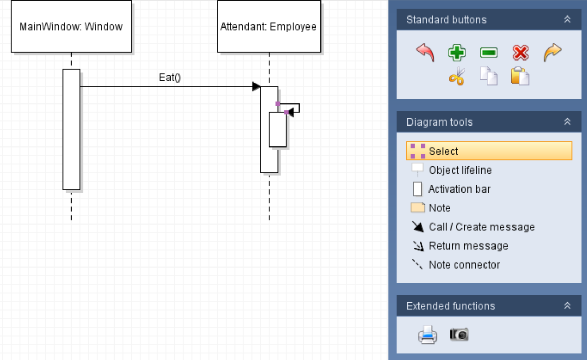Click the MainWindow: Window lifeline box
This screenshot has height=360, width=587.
71,26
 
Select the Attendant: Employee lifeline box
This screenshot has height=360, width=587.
269,26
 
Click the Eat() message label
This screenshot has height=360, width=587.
170,77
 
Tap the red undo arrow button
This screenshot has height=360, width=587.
426,52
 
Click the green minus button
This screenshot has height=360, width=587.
488,53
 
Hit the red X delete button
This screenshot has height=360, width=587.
520,53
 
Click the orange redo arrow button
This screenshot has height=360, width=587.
552,52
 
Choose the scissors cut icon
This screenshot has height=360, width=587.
457,76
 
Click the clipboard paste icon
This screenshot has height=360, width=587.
520,76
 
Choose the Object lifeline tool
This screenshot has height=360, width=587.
460,170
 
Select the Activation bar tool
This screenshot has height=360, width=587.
459,189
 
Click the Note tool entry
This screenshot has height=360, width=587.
439,208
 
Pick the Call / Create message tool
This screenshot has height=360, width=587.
481,227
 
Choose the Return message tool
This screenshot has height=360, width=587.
468,246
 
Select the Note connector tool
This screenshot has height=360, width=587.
464,265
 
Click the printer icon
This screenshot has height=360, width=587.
427,335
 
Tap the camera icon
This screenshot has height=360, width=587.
459,334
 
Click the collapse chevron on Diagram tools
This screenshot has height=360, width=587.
567,122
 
